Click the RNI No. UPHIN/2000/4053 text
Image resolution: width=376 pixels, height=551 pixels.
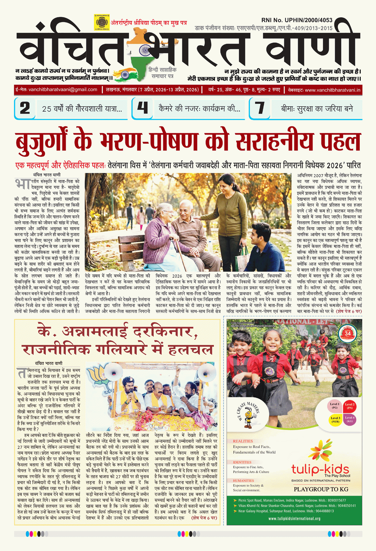tap(297, 20)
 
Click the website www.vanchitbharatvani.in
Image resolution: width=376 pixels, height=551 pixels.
tap(332, 90)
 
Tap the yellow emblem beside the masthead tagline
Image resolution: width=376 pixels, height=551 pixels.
tap(101, 22)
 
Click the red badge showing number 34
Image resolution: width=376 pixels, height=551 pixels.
tap(348, 333)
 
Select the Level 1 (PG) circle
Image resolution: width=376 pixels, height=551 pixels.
tap(334, 406)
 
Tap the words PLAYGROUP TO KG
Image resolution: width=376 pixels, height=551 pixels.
tap(321, 489)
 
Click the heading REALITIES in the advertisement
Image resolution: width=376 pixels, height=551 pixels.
tap(243, 441)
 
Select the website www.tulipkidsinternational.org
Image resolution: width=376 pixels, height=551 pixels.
tap(294, 519)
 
